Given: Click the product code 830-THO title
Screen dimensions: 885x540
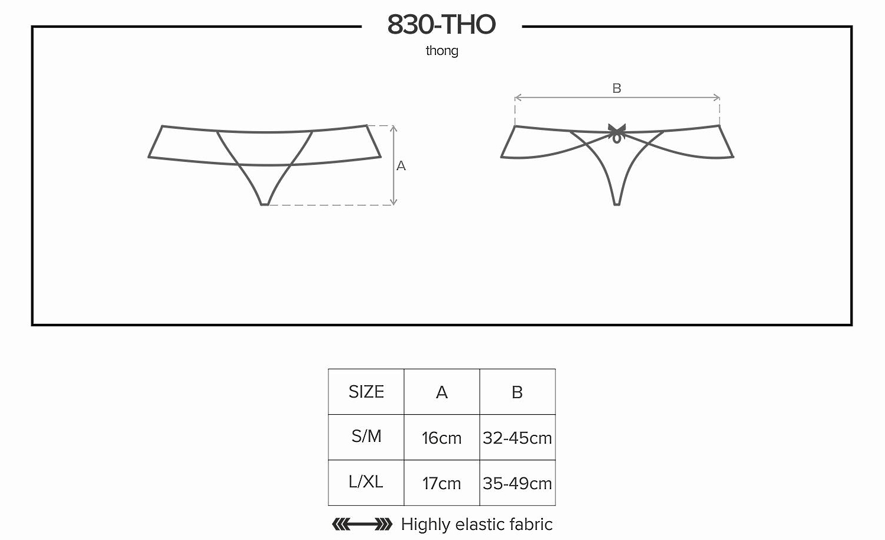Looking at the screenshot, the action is point(441,24).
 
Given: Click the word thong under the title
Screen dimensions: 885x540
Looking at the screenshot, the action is point(442,51).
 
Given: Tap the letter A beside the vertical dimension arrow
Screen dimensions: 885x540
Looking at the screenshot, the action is point(401,166).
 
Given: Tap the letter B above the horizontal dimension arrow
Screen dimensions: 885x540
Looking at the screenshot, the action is point(617,88).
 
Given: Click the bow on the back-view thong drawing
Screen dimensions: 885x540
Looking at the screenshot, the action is point(617,133).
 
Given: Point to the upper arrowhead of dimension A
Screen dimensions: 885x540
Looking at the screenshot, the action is point(393,128).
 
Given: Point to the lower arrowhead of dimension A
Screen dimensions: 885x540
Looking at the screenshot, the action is point(393,203).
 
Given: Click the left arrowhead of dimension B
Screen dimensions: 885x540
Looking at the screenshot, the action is point(518,97).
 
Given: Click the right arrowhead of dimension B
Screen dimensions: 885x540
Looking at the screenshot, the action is point(717,97).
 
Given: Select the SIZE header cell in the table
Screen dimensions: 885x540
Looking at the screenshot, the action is point(366,392).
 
